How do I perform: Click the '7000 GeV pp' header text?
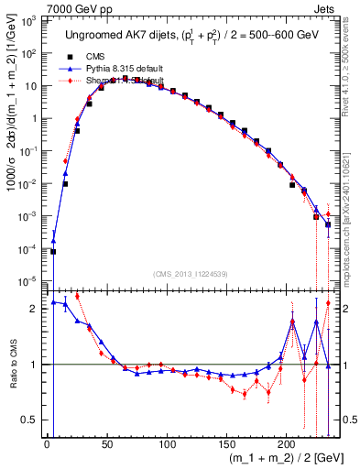click(x=76, y=7)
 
